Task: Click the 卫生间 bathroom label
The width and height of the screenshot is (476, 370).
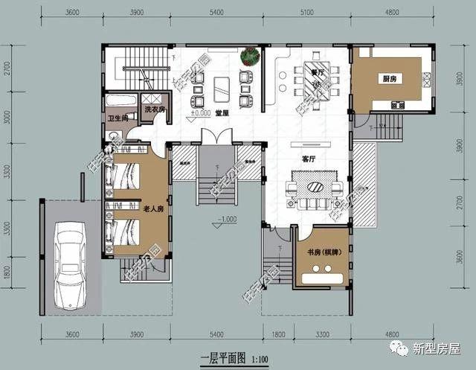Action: pyautogui.click(x=117, y=118)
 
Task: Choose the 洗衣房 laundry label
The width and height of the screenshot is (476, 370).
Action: pyautogui.click(x=154, y=109)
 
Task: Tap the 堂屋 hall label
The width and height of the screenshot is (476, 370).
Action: pyautogui.click(x=222, y=113)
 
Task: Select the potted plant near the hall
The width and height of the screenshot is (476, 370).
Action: pyautogui.click(x=250, y=55)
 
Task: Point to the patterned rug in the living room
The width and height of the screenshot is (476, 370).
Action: pyautogui.click(x=318, y=185)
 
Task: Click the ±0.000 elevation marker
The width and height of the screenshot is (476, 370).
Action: pyautogui.click(x=200, y=113)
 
